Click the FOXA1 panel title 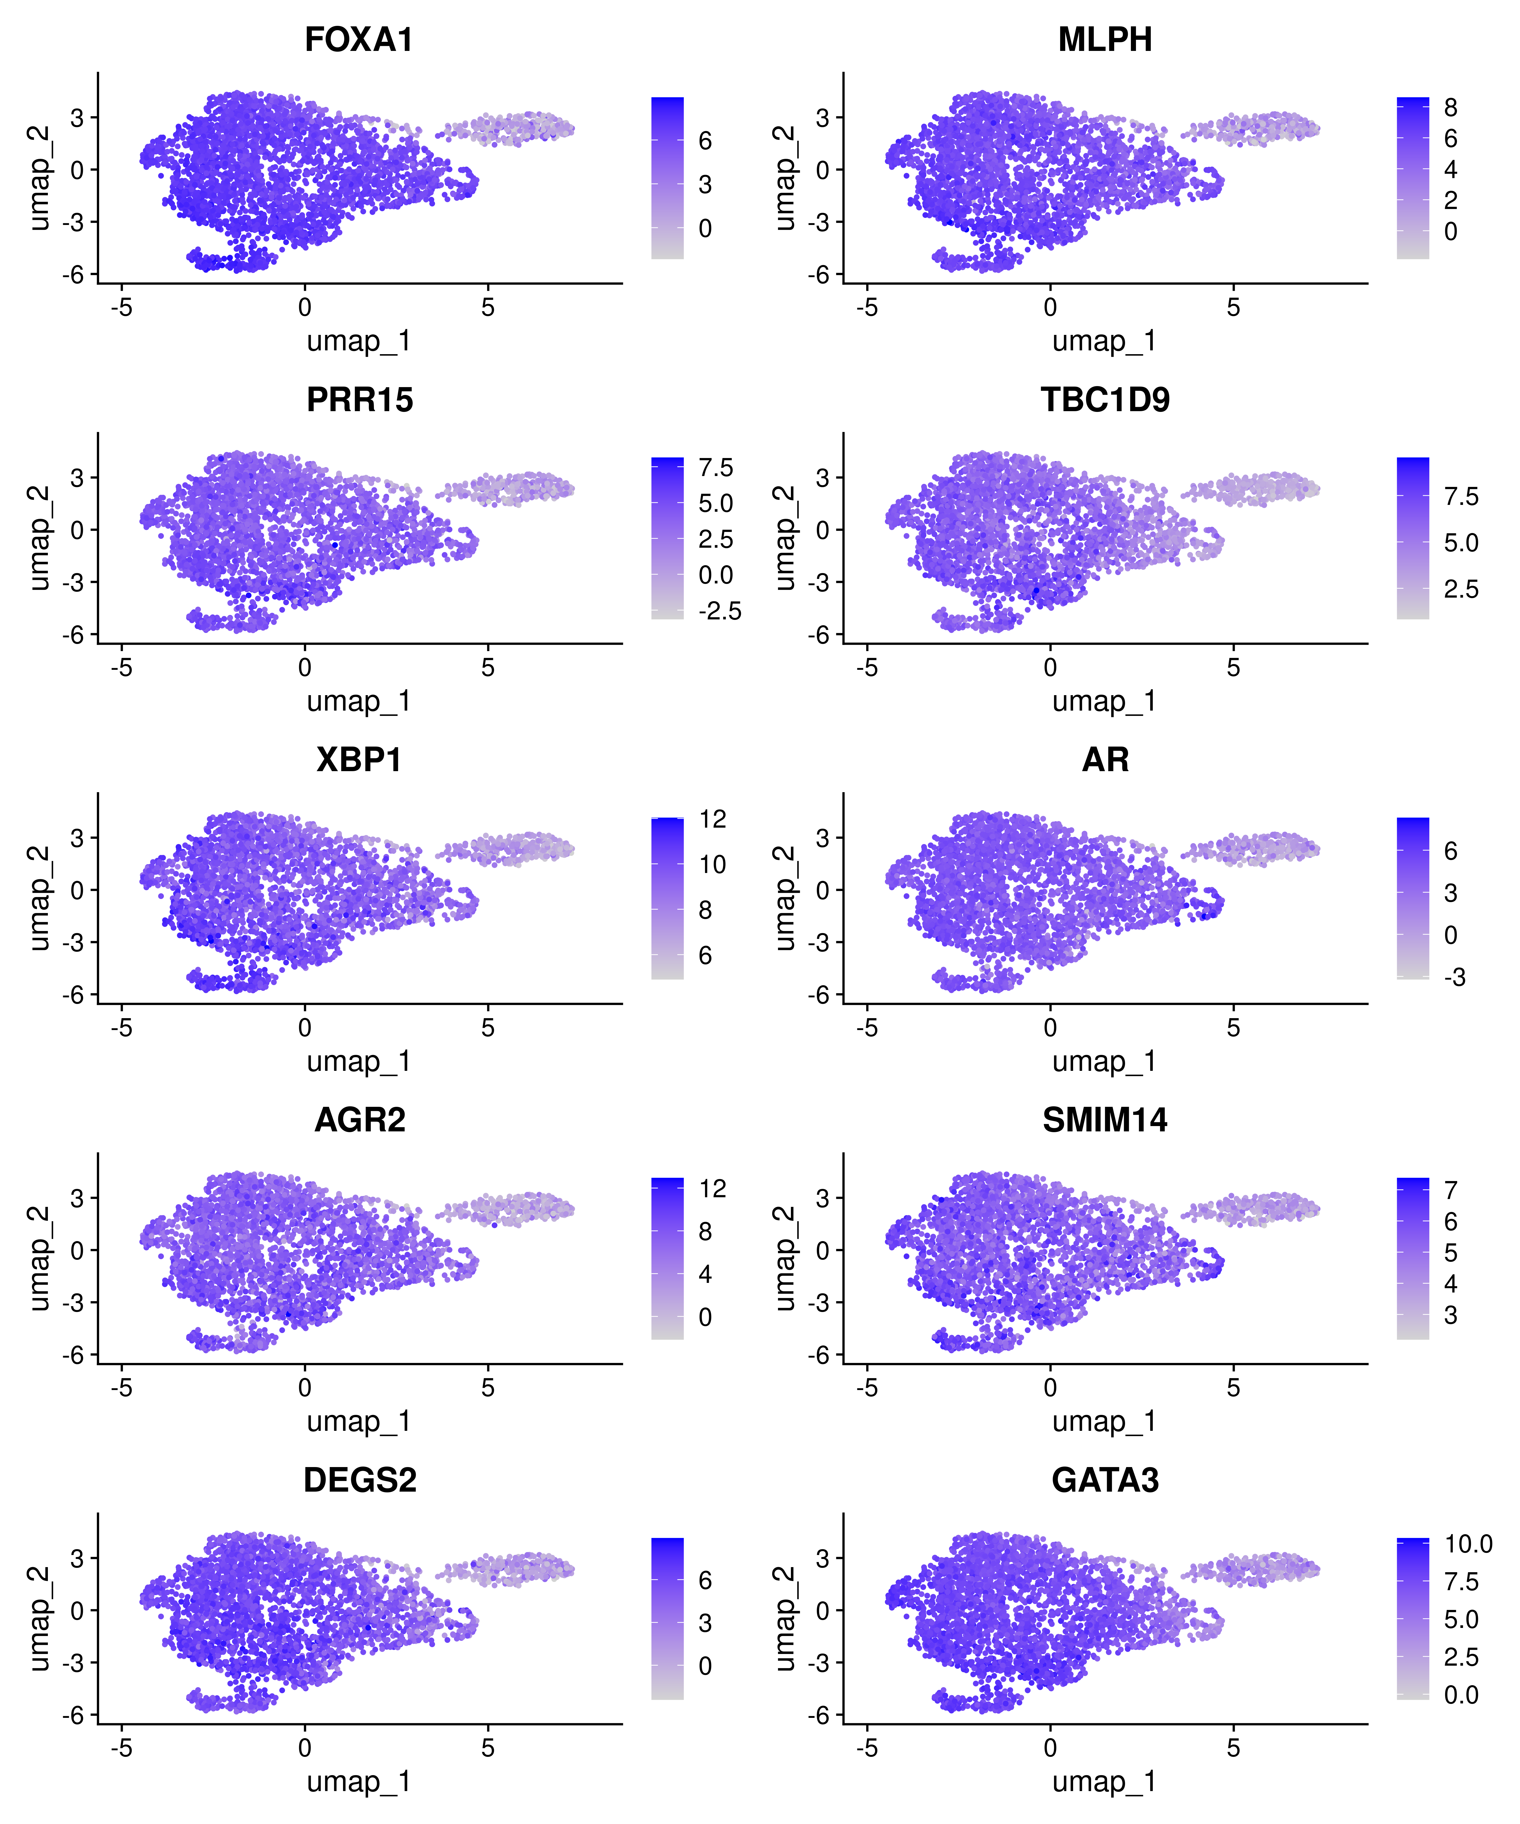point(359,40)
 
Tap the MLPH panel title point(1105,40)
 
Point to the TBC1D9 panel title point(1105,401)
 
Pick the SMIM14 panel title point(1105,1120)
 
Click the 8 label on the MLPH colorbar point(1451,108)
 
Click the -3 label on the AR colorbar point(1455,978)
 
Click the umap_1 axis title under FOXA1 point(359,341)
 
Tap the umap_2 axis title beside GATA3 point(784,1618)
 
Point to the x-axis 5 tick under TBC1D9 point(1233,668)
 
